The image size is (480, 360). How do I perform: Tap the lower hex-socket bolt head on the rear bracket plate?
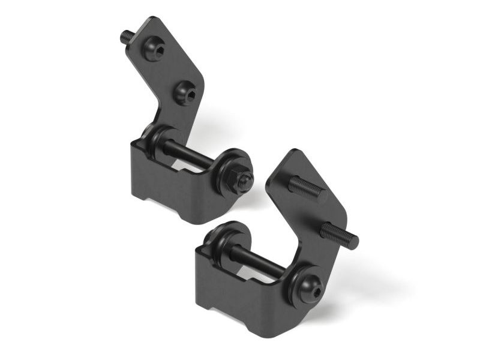tap(185, 92)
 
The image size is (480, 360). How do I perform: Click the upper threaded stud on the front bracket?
tap(307, 189)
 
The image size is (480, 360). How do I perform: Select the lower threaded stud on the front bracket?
tap(338, 235)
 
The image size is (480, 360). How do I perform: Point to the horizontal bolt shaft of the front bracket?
tap(256, 263)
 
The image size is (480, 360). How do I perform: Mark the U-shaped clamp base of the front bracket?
tap(240, 300)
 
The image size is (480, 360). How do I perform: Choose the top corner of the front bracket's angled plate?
tap(293, 152)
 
